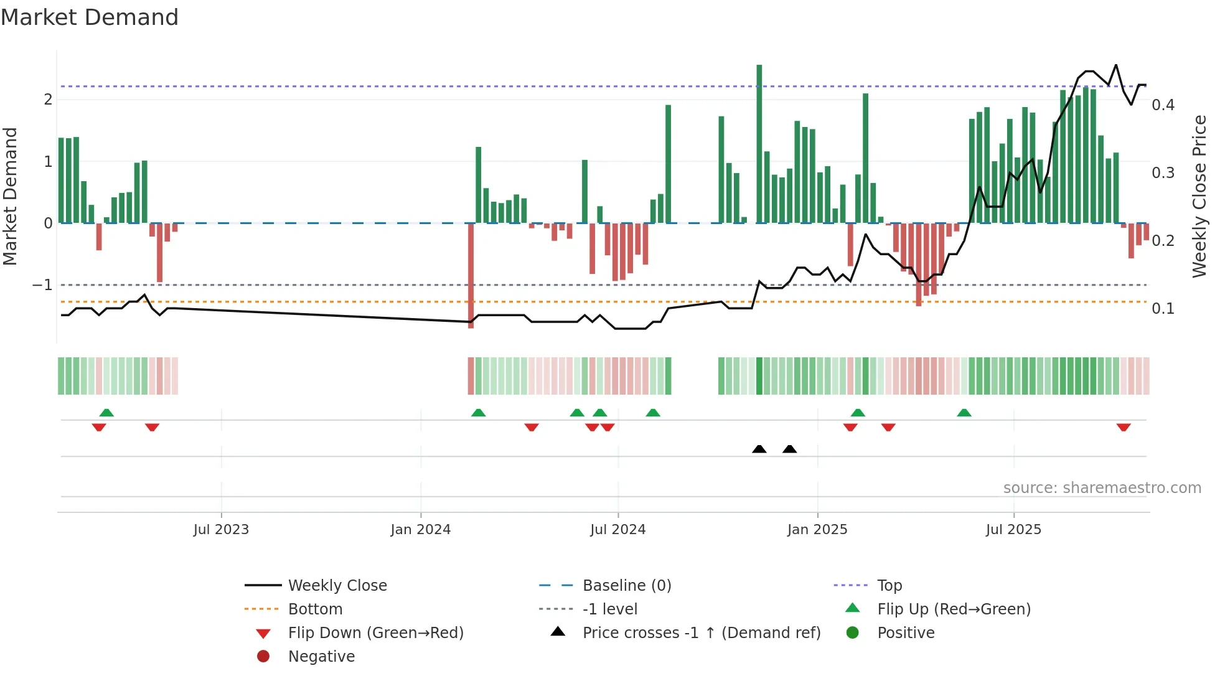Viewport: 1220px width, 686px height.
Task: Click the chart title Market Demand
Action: (x=90, y=17)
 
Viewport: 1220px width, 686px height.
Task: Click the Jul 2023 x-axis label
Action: (x=221, y=530)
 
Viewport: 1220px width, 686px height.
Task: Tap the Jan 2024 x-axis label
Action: (x=420, y=530)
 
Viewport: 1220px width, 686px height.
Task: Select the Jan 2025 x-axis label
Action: (x=817, y=530)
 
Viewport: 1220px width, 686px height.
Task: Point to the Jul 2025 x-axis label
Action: (x=1013, y=530)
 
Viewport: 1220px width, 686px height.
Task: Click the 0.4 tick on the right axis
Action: (x=1163, y=105)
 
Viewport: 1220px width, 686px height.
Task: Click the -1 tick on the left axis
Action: (x=42, y=285)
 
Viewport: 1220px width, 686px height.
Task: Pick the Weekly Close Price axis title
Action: (x=1199, y=196)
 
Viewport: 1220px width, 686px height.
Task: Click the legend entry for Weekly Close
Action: (x=337, y=586)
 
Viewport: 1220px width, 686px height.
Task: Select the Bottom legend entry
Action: (x=315, y=609)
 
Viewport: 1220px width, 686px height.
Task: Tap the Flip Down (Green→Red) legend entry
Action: (x=375, y=633)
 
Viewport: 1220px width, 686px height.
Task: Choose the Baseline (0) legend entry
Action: (x=626, y=586)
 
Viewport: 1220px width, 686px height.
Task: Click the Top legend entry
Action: (x=889, y=586)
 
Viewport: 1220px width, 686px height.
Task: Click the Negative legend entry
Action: (x=321, y=657)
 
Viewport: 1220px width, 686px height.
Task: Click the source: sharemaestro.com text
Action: (x=1102, y=488)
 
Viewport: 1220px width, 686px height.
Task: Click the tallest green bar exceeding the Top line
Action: (x=759, y=143)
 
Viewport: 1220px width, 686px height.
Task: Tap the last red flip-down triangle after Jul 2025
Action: (x=1123, y=427)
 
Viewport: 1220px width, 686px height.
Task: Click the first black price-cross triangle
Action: (x=759, y=449)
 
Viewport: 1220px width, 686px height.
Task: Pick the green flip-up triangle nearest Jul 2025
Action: (x=964, y=413)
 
